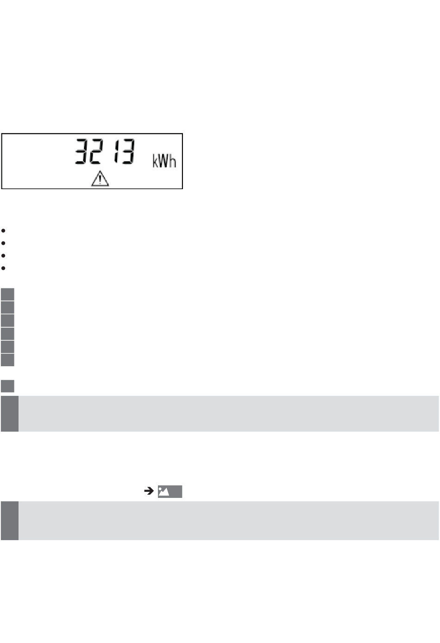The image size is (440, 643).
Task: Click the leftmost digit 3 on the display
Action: point(82,151)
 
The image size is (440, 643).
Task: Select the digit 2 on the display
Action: point(95,151)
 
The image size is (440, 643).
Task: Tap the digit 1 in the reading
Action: point(116,151)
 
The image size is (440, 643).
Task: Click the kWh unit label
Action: point(164,161)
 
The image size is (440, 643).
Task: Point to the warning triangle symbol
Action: point(100,178)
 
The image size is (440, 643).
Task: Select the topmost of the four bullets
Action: point(3,230)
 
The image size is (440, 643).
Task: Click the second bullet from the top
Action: point(3,243)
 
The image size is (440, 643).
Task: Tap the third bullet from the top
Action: point(3,255)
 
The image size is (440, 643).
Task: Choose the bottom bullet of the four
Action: point(3,268)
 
